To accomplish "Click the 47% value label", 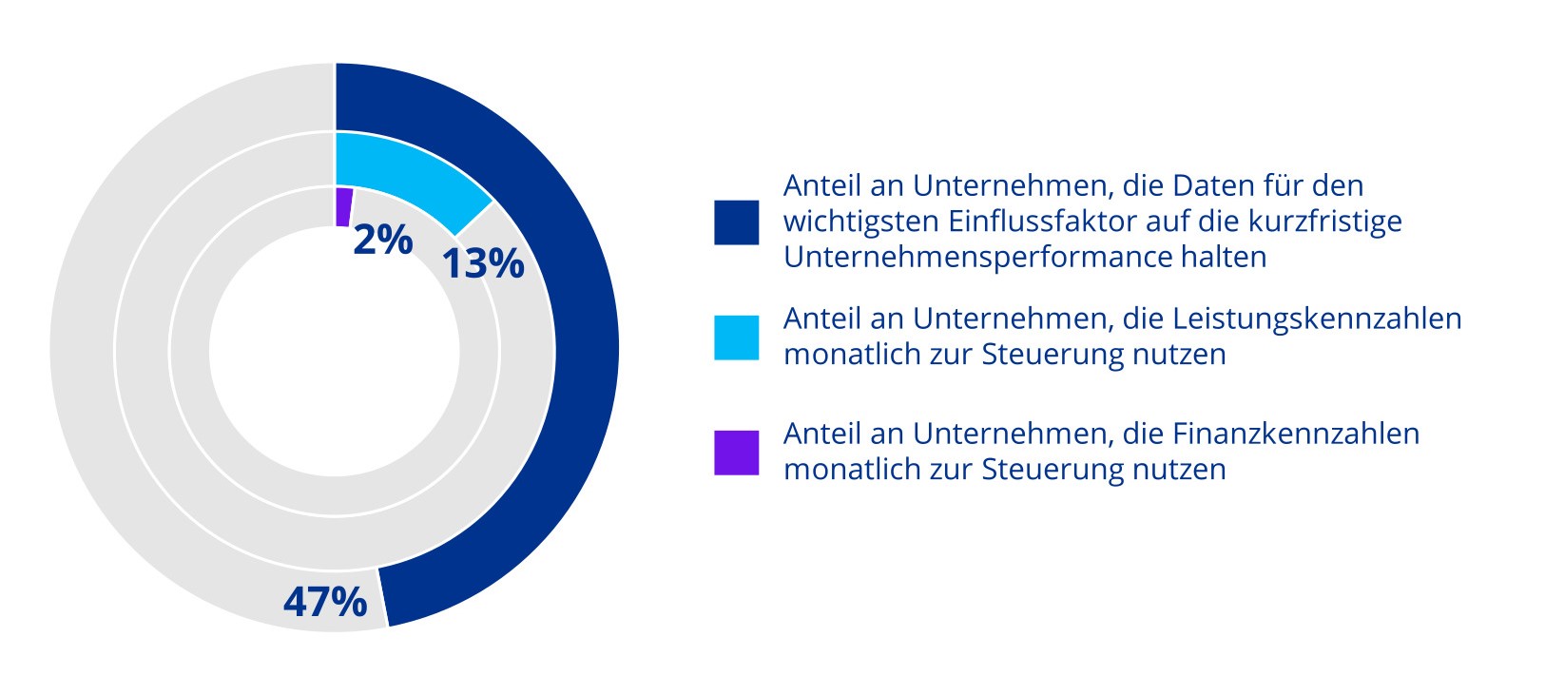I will tap(325, 602).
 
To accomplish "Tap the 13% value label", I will tap(483, 263).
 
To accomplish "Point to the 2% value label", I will tap(382, 240).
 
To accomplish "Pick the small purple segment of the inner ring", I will tap(343, 206).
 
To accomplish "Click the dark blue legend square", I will tap(737, 222).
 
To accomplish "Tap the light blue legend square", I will tap(737, 338).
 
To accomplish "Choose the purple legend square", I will tap(737, 453).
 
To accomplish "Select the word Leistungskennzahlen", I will tap(1292, 319).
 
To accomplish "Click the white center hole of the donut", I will tap(335, 352).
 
